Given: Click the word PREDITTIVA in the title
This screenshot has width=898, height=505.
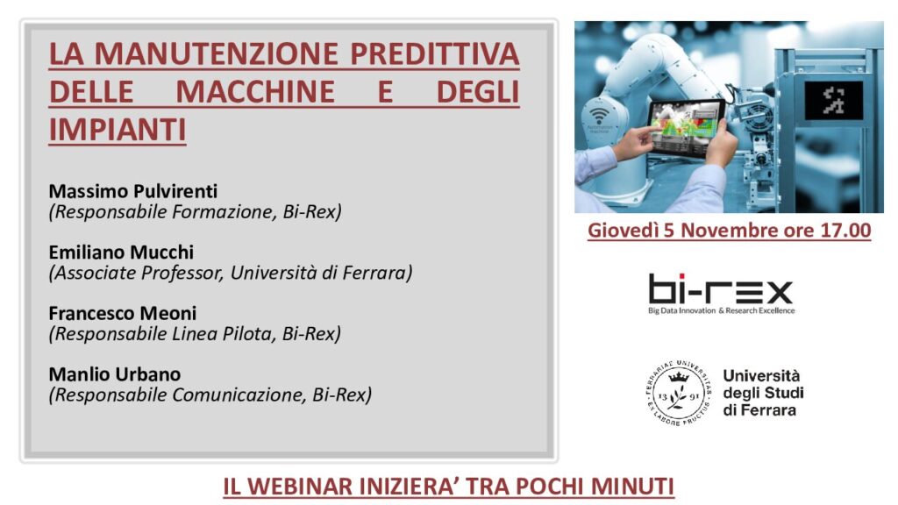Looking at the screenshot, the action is click(x=435, y=53).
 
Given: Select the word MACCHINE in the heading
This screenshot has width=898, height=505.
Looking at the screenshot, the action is click(x=255, y=91).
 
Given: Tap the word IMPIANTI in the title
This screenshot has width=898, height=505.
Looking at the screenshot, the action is click(x=118, y=130).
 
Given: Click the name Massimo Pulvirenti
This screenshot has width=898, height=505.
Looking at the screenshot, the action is click(x=133, y=190).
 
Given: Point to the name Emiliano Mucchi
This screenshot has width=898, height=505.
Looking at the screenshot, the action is click(x=121, y=252).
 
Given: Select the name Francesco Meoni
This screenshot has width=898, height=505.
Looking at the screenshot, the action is click(x=123, y=313).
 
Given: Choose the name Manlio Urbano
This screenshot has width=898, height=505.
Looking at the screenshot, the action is click(x=115, y=373).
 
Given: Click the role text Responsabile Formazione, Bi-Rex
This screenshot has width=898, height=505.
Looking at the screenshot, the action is click(x=196, y=212).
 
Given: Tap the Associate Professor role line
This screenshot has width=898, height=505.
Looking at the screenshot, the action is click(x=231, y=274).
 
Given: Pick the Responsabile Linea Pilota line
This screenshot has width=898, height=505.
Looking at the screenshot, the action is click(x=195, y=334).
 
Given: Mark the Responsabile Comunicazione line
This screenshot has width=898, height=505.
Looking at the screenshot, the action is click(x=210, y=395).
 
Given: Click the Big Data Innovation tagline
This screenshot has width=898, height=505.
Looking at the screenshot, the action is click(x=722, y=311).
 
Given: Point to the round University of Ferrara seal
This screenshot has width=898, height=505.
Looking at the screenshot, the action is click(x=680, y=393).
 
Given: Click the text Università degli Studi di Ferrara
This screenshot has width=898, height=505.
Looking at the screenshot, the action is click(x=763, y=393).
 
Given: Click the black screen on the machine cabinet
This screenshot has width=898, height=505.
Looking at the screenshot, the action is click(x=834, y=100).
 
